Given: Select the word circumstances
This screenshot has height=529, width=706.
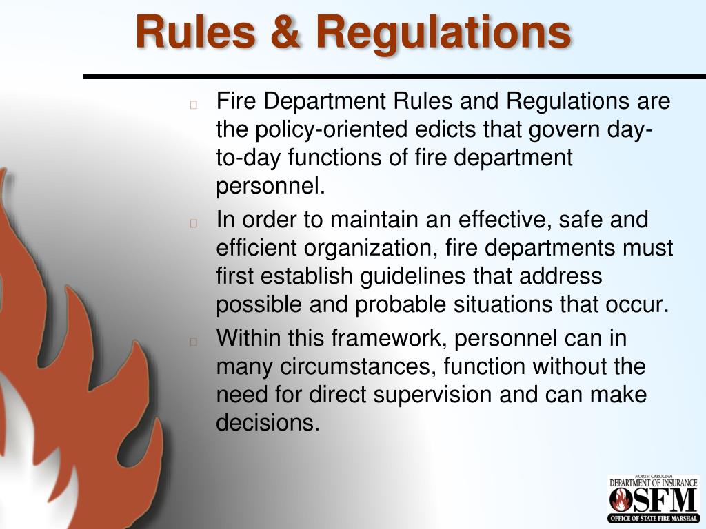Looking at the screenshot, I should [356, 367].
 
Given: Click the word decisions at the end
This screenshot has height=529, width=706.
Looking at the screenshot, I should [268, 423].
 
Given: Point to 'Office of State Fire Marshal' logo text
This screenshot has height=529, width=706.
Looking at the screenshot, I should [653, 518].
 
